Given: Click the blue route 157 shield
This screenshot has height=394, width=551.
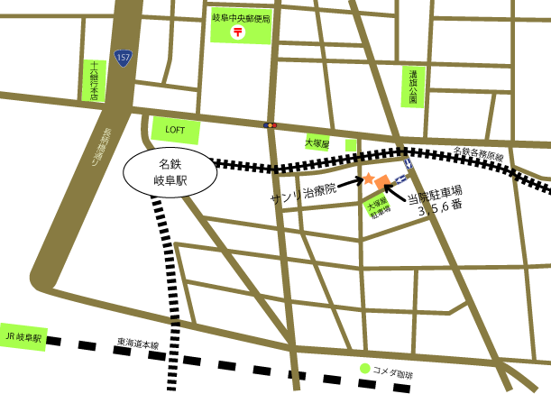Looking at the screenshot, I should [123, 59].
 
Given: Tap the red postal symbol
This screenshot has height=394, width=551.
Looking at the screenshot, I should [239, 32].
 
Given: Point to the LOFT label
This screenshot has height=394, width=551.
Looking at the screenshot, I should [175, 130].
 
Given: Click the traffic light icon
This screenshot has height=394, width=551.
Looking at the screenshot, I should [270, 125].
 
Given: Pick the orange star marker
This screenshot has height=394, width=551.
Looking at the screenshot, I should [368, 179].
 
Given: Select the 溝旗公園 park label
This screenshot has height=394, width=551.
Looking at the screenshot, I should [412, 87].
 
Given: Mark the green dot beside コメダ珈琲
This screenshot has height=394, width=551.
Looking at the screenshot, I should [365, 369].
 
